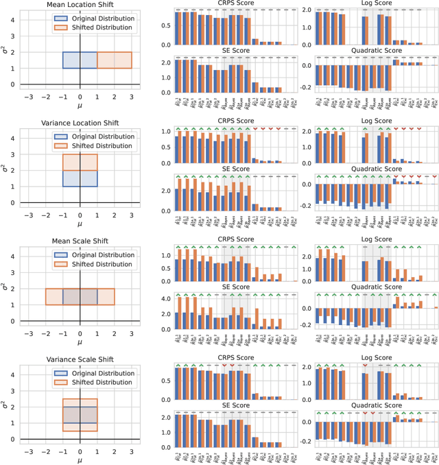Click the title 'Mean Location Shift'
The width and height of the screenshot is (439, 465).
[x=80, y=4]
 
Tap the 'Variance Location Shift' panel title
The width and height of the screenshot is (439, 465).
[x=80, y=122]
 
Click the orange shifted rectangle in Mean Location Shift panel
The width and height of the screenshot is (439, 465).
[x=114, y=60]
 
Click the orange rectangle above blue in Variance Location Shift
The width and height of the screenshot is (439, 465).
[x=80, y=162]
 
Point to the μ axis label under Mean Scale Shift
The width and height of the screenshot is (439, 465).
[x=80, y=342]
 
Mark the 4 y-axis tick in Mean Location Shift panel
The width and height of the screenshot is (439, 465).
[x=14, y=19]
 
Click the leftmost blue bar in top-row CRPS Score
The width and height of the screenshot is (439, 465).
[x=177, y=27]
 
